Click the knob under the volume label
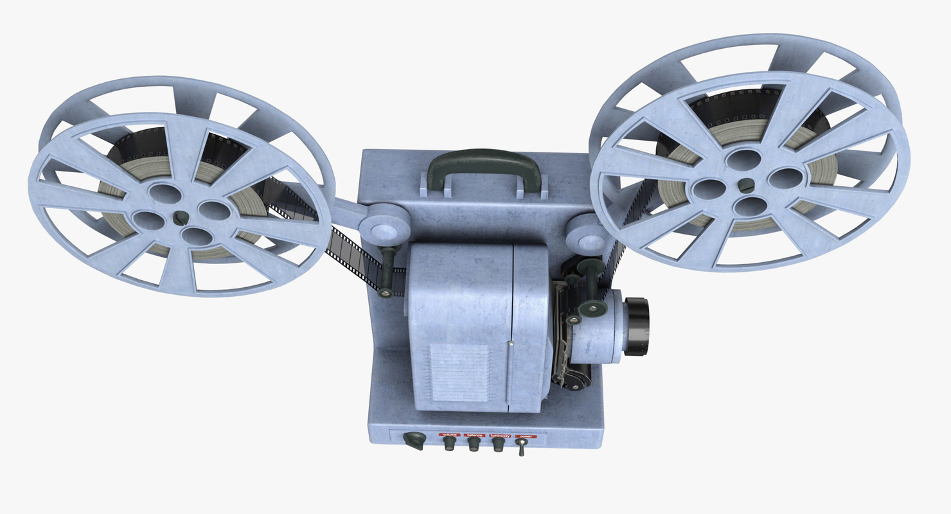click(x=450, y=443)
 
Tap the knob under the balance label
click(x=474, y=444)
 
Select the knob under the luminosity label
click(x=499, y=444)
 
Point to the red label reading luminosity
click(x=499, y=436)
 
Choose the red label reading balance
click(x=475, y=435)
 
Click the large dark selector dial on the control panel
click(x=415, y=440)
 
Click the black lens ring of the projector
click(x=637, y=326)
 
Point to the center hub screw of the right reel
click(x=745, y=185)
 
